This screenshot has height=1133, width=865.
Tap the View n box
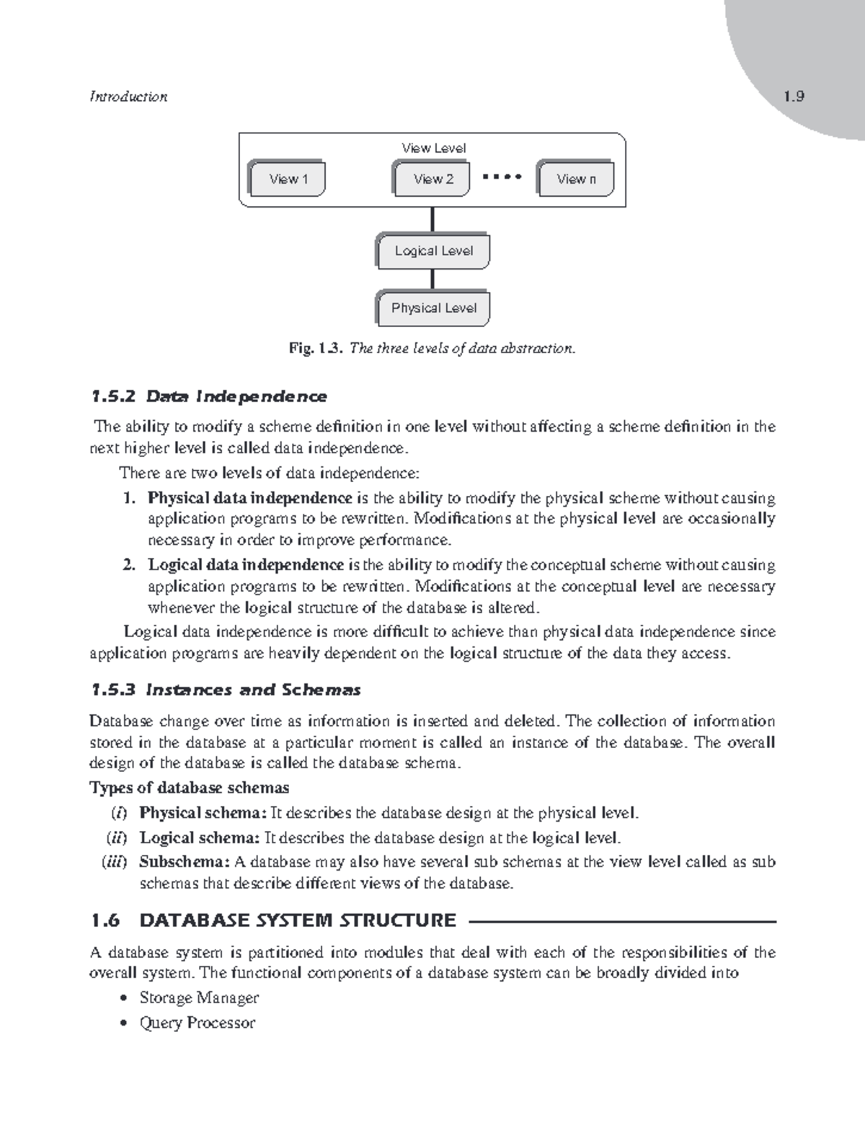coord(576,179)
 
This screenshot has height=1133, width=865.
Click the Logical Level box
coord(433,252)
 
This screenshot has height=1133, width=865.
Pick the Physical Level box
coord(433,308)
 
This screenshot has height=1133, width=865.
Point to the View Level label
coord(433,148)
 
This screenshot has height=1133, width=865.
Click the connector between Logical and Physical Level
coord(432,280)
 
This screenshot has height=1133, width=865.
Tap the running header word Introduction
coord(128,97)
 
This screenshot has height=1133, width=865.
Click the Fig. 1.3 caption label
coord(314,349)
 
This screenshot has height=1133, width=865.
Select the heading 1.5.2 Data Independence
coord(208,396)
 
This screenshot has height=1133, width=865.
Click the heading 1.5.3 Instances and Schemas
coord(225,690)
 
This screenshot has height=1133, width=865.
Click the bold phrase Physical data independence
coord(249,498)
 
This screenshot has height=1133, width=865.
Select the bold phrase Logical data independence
coord(245,564)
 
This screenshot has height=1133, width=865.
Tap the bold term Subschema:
coord(185,862)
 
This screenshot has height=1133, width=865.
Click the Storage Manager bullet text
coord(199,998)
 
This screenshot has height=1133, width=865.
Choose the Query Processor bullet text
coord(197,1023)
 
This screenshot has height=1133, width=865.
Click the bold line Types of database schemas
coord(189,787)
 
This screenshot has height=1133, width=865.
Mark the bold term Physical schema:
coord(203,813)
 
